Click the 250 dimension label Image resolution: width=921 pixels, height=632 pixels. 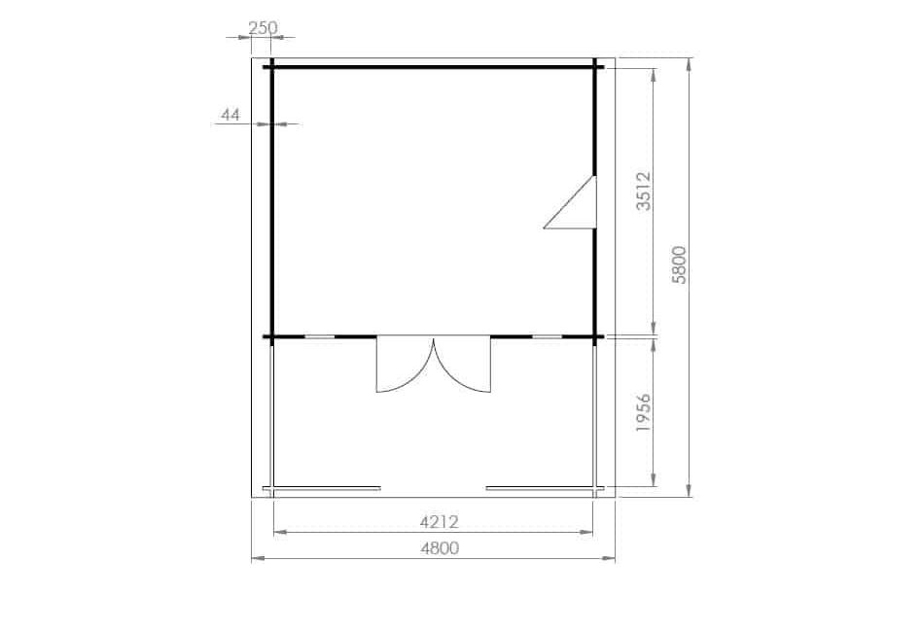click(x=263, y=27)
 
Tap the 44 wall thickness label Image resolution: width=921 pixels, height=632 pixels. click(x=230, y=115)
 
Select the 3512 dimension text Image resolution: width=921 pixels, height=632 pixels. click(x=644, y=191)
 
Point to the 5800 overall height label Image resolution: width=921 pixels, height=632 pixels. click(x=679, y=264)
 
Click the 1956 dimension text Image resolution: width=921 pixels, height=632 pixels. click(x=644, y=413)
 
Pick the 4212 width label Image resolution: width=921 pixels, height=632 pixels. click(x=439, y=521)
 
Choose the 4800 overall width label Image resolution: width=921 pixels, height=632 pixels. click(x=440, y=548)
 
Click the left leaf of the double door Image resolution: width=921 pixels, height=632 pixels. click(x=405, y=365)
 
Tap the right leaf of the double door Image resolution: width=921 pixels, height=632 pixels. click(x=462, y=365)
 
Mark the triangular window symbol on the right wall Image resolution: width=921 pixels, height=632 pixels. click(x=570, y=202)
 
